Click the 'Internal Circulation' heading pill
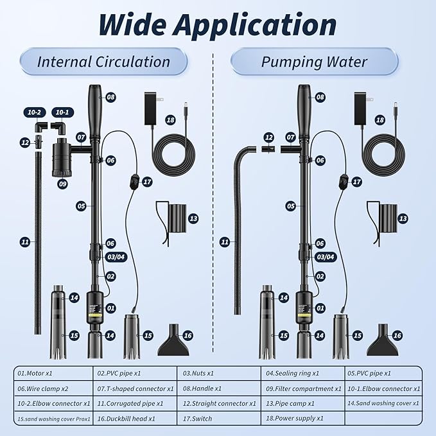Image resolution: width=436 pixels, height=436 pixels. tap(103, 62)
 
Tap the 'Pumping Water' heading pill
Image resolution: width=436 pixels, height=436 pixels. tap(314, 62)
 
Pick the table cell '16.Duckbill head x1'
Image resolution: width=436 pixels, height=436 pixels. tap(137, 419)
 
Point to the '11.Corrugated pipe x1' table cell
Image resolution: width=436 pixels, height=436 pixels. tap(137, 404)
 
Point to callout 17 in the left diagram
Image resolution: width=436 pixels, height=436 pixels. tap(147, 182)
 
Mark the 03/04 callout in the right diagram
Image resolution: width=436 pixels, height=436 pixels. tap(327, 256)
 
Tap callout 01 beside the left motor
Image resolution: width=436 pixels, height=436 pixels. tap(110, 308)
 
